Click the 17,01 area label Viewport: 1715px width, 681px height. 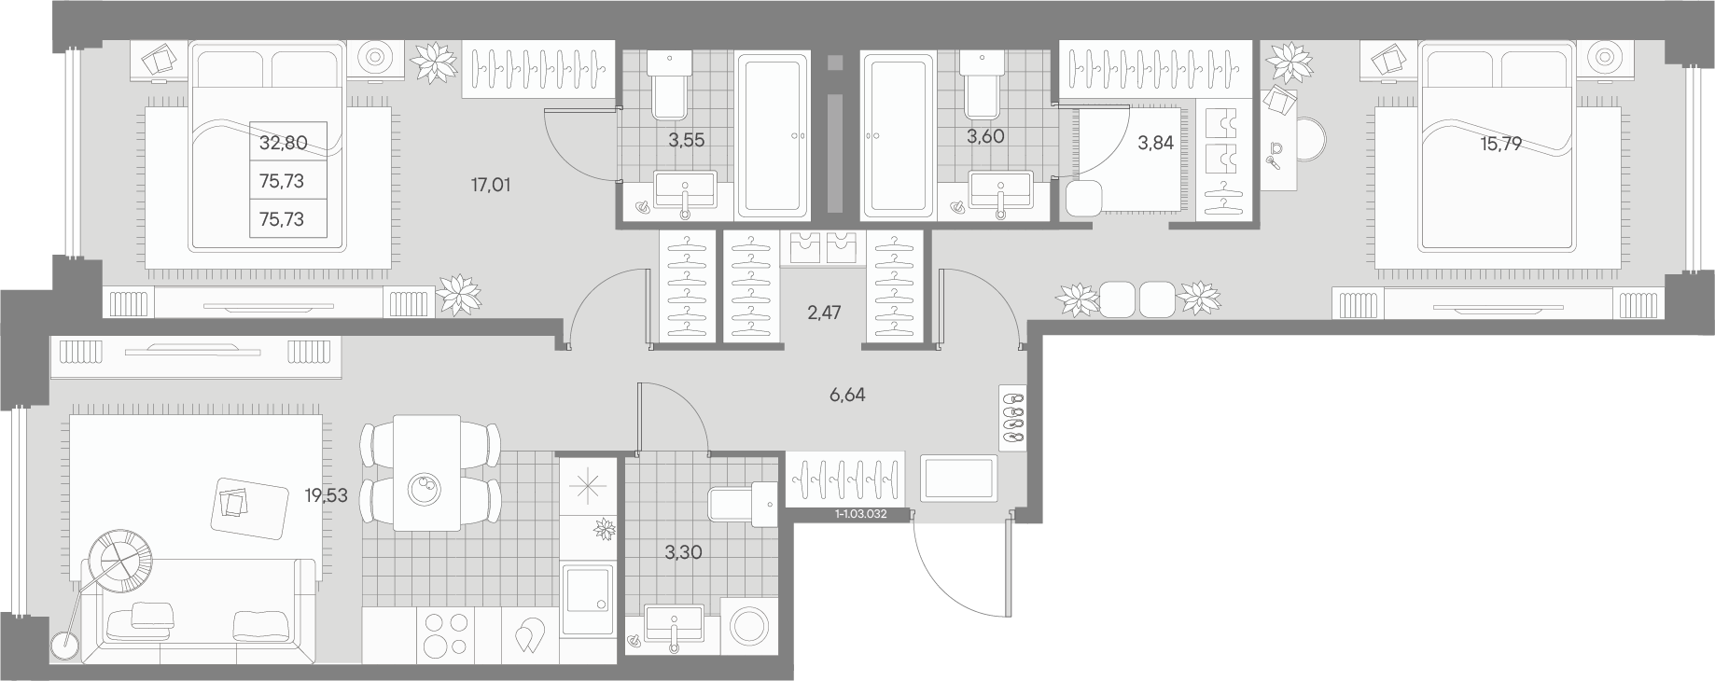pos(491,185)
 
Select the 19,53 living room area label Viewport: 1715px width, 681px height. pos(326,495)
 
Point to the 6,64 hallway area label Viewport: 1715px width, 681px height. pos(847,395)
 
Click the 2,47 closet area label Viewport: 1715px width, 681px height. pos(824,313)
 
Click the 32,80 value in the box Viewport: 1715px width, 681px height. pos(284,143)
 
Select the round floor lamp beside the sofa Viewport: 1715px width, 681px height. pos(65,646)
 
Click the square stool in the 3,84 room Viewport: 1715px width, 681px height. pos(1083,199)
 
